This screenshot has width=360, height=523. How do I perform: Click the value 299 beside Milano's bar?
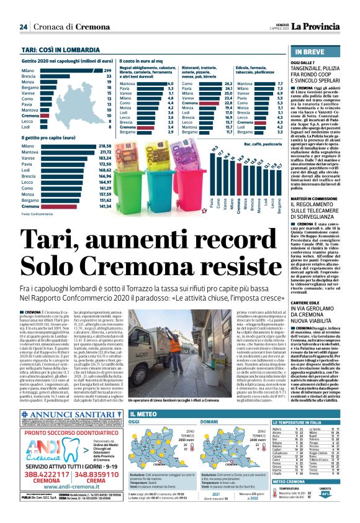point(107,71)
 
